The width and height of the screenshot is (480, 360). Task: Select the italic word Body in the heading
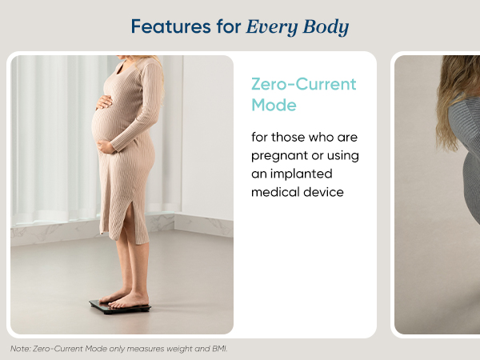tap(326, 27)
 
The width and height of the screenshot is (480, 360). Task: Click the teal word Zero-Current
tap(303, 85)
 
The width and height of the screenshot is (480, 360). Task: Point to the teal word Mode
tap(274, 105)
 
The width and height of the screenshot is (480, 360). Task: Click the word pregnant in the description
tap(280, 155)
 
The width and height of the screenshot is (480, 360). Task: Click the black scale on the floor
tap(119, 306)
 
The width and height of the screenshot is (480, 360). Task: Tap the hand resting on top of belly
tap(105, 103)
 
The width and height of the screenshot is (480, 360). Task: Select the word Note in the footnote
tap(19, 349)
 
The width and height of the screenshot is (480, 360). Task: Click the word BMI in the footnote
tap(218, 349)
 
